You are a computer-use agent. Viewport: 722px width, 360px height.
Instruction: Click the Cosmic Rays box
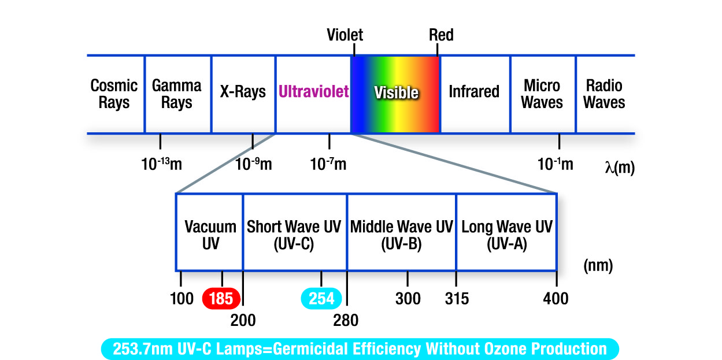click(114, 94)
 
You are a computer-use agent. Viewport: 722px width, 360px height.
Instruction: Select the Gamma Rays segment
click(177, 94)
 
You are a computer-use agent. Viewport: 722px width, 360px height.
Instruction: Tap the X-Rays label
click(243, 92)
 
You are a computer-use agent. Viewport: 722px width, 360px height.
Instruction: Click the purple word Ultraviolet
click(314, 92)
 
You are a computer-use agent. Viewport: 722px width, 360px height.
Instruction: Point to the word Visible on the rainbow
click(396, 92)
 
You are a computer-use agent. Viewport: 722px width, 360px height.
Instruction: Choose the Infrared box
click(474, 92)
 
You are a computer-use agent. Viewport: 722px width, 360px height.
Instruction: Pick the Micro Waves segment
click(542, 94)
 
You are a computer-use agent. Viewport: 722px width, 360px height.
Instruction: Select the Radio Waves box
click(605, 94)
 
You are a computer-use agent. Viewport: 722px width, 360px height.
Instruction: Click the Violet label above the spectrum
click(345, 35)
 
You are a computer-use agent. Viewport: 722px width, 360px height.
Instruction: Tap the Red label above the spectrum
click(441, 35)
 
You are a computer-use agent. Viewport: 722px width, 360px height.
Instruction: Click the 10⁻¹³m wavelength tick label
click(161, 164)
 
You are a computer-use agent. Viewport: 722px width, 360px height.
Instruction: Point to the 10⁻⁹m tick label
click(254, 164)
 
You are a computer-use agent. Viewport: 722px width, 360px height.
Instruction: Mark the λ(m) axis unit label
click(620, 168)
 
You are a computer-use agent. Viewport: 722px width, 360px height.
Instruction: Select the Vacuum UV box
click(210, 234)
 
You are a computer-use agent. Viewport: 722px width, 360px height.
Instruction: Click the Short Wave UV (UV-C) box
click(294, 234)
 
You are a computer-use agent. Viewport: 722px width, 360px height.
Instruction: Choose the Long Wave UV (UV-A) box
click(506, 234)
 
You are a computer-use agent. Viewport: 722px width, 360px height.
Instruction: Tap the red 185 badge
click(221, 298)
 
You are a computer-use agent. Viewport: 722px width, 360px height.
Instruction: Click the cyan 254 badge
click(321, 298)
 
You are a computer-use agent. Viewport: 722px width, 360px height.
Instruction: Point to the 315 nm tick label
click(457, 299)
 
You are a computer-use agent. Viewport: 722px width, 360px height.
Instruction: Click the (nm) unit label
click(598, 266)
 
